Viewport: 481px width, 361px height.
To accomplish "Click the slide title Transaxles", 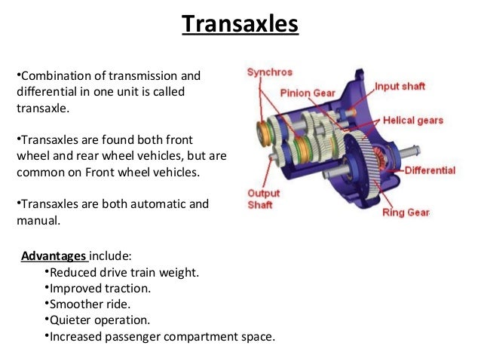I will click(x=240, y=24).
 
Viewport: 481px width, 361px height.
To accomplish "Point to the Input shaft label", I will click(x=400, y=87).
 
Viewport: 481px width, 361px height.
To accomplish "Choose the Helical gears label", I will click(x=413, y=120).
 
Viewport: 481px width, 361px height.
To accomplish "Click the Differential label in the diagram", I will click(x=430, y=170).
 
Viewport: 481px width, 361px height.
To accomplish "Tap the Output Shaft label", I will click(x=264, y=200).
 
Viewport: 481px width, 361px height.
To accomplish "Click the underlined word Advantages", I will click(x=54, y=255).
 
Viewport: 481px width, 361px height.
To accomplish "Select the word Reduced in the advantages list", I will click(x=72, y=272).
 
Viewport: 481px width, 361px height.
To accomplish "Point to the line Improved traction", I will click(x=100, y=289).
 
